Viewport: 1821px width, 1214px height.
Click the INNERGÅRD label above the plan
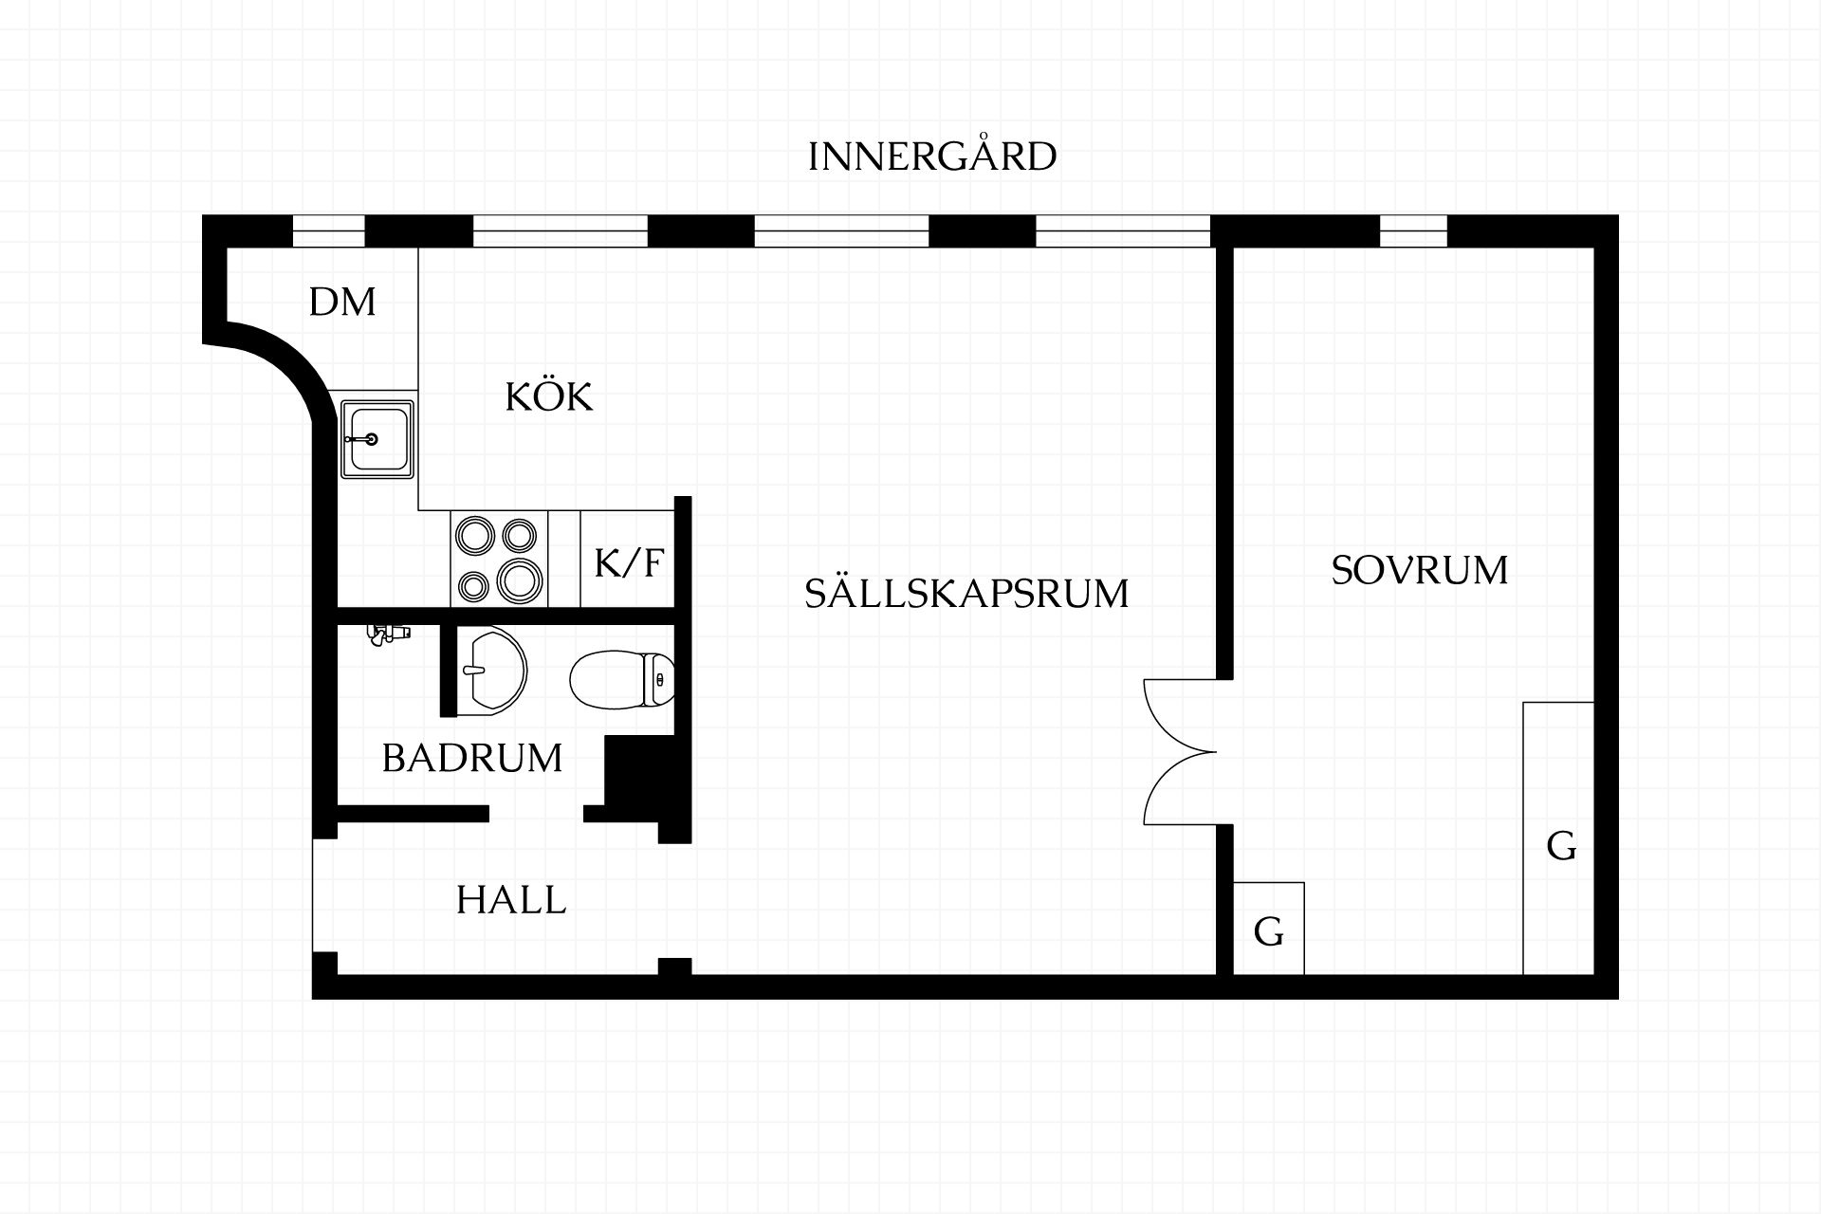(x=932, y=156)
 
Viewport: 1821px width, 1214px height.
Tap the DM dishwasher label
(x=342, y=302)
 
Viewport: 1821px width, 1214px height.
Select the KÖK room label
(x=549, y=396)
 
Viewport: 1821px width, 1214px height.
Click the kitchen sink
(x=377, y=439)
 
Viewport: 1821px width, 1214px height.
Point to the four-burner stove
(x=499, y=560)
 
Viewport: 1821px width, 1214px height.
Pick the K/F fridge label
(x=628, y=562)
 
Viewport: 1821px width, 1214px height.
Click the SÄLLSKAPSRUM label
(x=966, y=593)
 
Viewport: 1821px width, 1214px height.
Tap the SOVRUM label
(x=1420, y=570)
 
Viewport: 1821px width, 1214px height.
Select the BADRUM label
(x=472, y=758)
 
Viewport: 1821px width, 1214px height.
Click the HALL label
(x=511, y=899)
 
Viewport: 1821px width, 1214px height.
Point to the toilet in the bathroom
(x=622, y=680)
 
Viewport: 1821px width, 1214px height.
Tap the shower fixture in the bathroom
(x=388, y=633)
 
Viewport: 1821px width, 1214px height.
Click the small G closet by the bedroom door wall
(x=1269, y=929)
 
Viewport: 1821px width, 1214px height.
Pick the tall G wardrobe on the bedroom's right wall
(x=1558, y=838)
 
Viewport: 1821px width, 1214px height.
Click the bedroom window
(x=1413, y=231)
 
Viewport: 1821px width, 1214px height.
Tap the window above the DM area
(x=328, y=231)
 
